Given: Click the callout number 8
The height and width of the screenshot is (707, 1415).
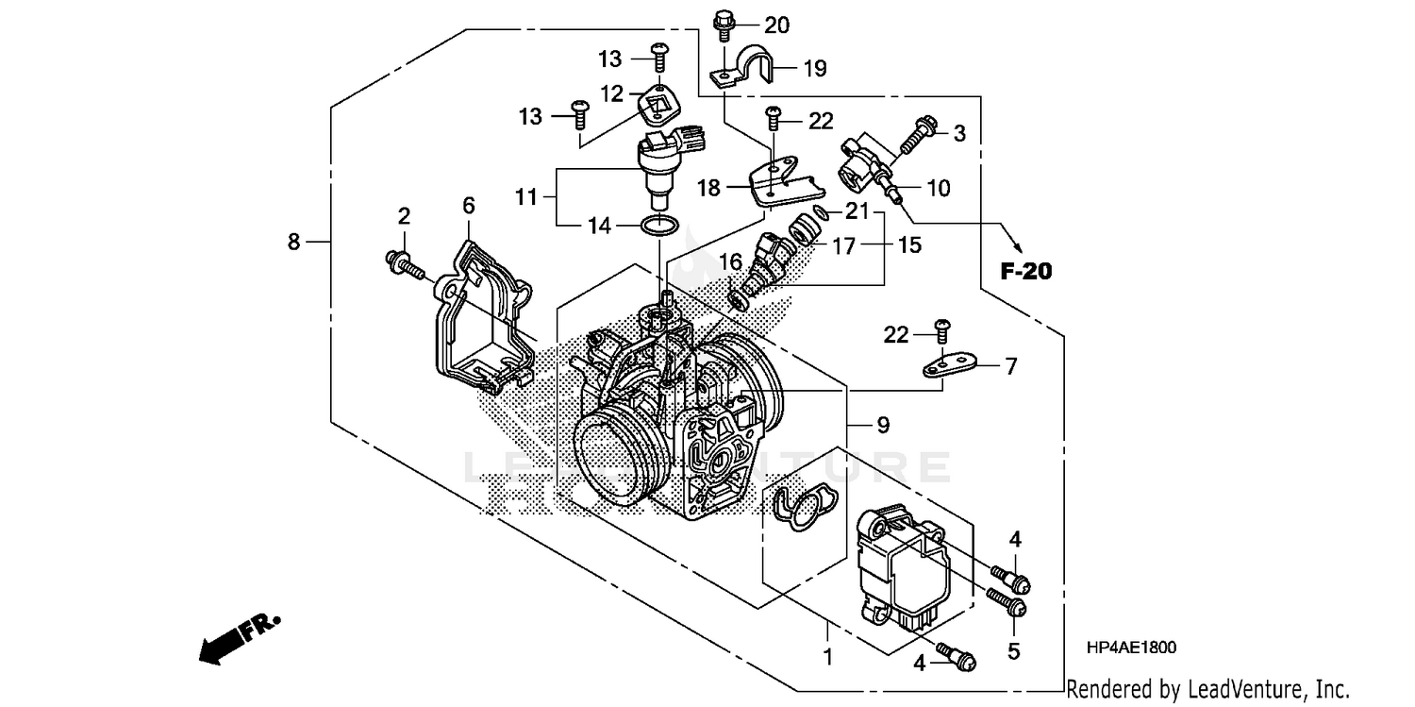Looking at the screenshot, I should [294, 243].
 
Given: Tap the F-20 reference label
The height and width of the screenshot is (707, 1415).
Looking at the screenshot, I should [1025, 272].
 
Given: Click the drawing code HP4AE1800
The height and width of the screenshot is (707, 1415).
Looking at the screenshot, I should [1132, 648].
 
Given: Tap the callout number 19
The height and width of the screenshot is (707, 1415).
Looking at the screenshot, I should [814, 68].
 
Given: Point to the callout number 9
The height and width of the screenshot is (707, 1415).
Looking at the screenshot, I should [883, 426].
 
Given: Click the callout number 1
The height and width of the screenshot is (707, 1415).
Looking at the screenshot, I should [829, 655].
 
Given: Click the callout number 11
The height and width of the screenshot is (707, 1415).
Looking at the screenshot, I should [525, 197].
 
